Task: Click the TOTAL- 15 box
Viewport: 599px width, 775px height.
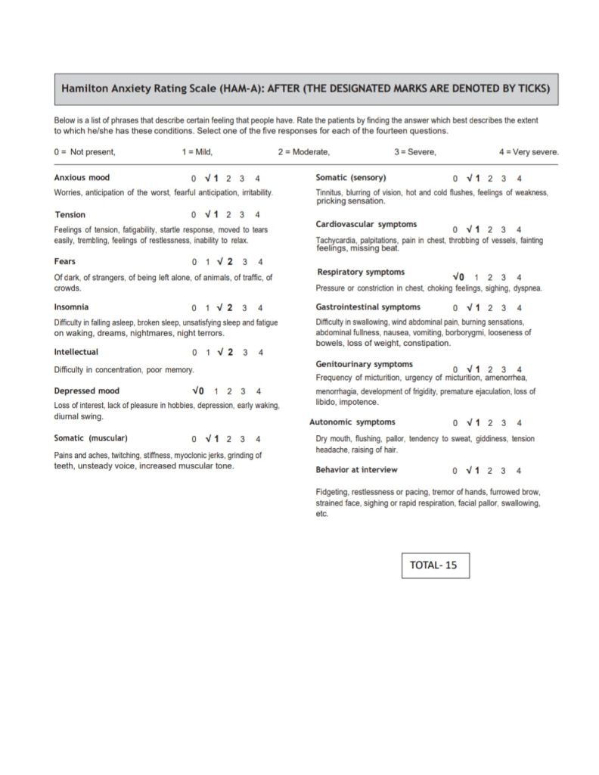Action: tap(435, 565)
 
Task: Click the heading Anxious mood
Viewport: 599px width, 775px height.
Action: tap(82, 178)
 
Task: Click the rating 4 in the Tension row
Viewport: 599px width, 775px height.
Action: tap(258, 215)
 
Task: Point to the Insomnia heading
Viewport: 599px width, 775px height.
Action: tap(71, 307)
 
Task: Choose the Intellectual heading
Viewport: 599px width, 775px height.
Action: tap(76, 352)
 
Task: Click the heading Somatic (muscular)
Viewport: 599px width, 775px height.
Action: tap(91, 437)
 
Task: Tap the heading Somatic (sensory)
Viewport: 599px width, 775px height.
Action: tap(350, 178)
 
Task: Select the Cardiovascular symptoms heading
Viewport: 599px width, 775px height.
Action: tap(366, 225)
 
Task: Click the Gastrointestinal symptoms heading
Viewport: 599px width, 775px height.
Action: tap(368, 307)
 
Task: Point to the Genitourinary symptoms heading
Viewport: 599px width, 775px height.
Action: tap(365, 364)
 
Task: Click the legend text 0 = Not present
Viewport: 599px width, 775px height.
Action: tap(85, 152)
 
